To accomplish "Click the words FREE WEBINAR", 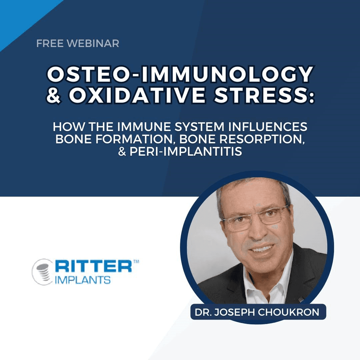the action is (x=78, y=43).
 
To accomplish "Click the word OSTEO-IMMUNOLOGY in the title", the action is (x=180, y=74).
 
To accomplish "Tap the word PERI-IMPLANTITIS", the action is (x=186, y=151).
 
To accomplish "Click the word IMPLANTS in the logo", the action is (x=83, y=280).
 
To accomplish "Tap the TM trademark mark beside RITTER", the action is (x=136, y=262).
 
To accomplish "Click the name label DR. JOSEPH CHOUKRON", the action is (x=257, y=312).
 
